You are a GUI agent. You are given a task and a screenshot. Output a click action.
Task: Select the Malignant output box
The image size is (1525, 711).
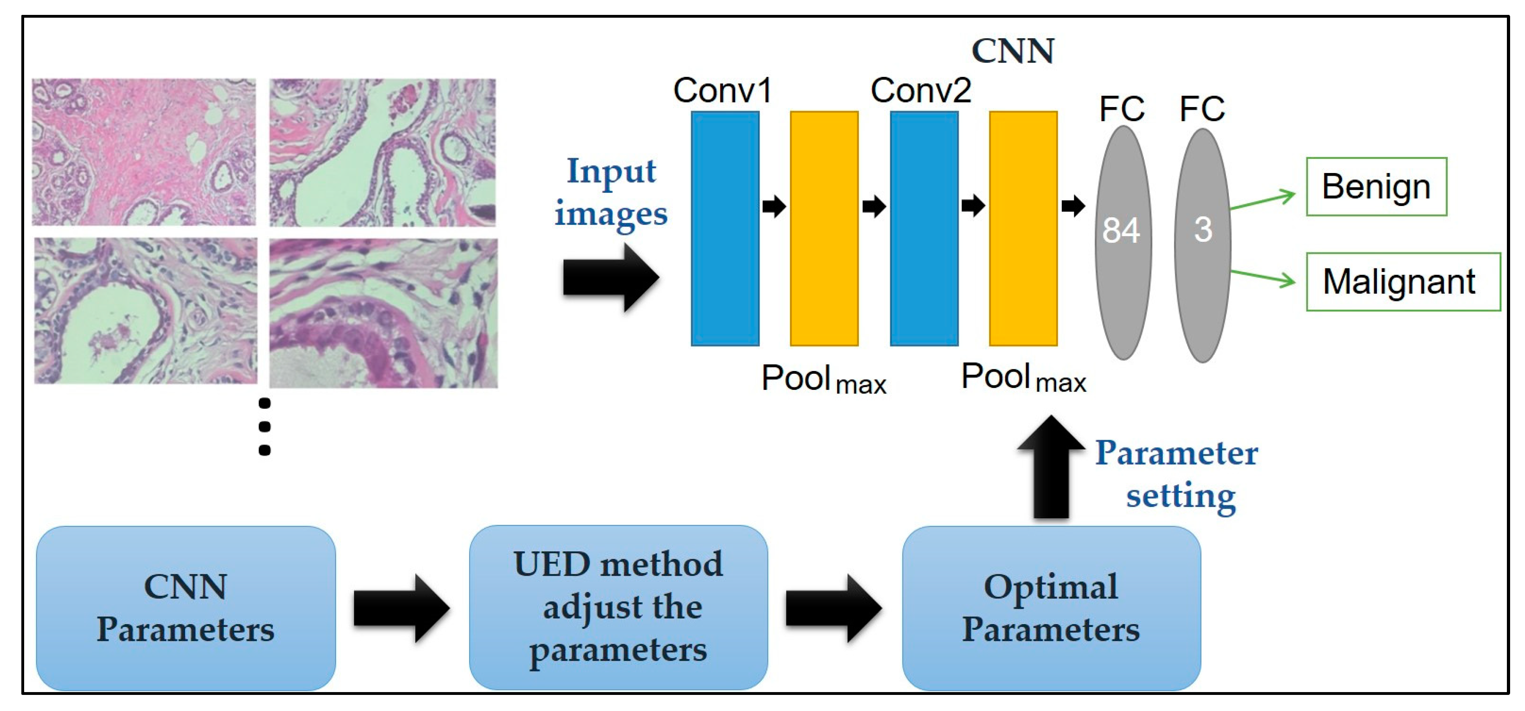1403,282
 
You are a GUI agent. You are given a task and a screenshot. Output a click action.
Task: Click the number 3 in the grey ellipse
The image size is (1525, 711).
1202,230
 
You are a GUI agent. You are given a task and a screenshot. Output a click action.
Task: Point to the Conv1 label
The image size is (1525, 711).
722,91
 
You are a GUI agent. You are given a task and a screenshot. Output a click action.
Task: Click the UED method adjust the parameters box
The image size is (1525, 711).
618,608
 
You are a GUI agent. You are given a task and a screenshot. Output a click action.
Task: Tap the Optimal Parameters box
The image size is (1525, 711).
1051,608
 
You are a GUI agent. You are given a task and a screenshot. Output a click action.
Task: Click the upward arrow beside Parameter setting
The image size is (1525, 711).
1051,468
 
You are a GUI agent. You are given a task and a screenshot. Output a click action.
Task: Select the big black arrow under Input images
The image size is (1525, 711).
610,277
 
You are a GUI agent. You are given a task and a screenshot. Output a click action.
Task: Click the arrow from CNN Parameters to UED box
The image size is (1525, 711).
401,608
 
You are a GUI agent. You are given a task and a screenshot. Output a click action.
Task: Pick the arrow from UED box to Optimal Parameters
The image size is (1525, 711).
834,608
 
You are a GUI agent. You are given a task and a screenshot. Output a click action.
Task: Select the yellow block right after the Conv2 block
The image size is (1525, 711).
1023,229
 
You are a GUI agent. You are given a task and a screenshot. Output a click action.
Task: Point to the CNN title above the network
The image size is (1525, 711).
1013,51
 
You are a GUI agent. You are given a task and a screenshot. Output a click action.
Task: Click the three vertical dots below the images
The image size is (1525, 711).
264,426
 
